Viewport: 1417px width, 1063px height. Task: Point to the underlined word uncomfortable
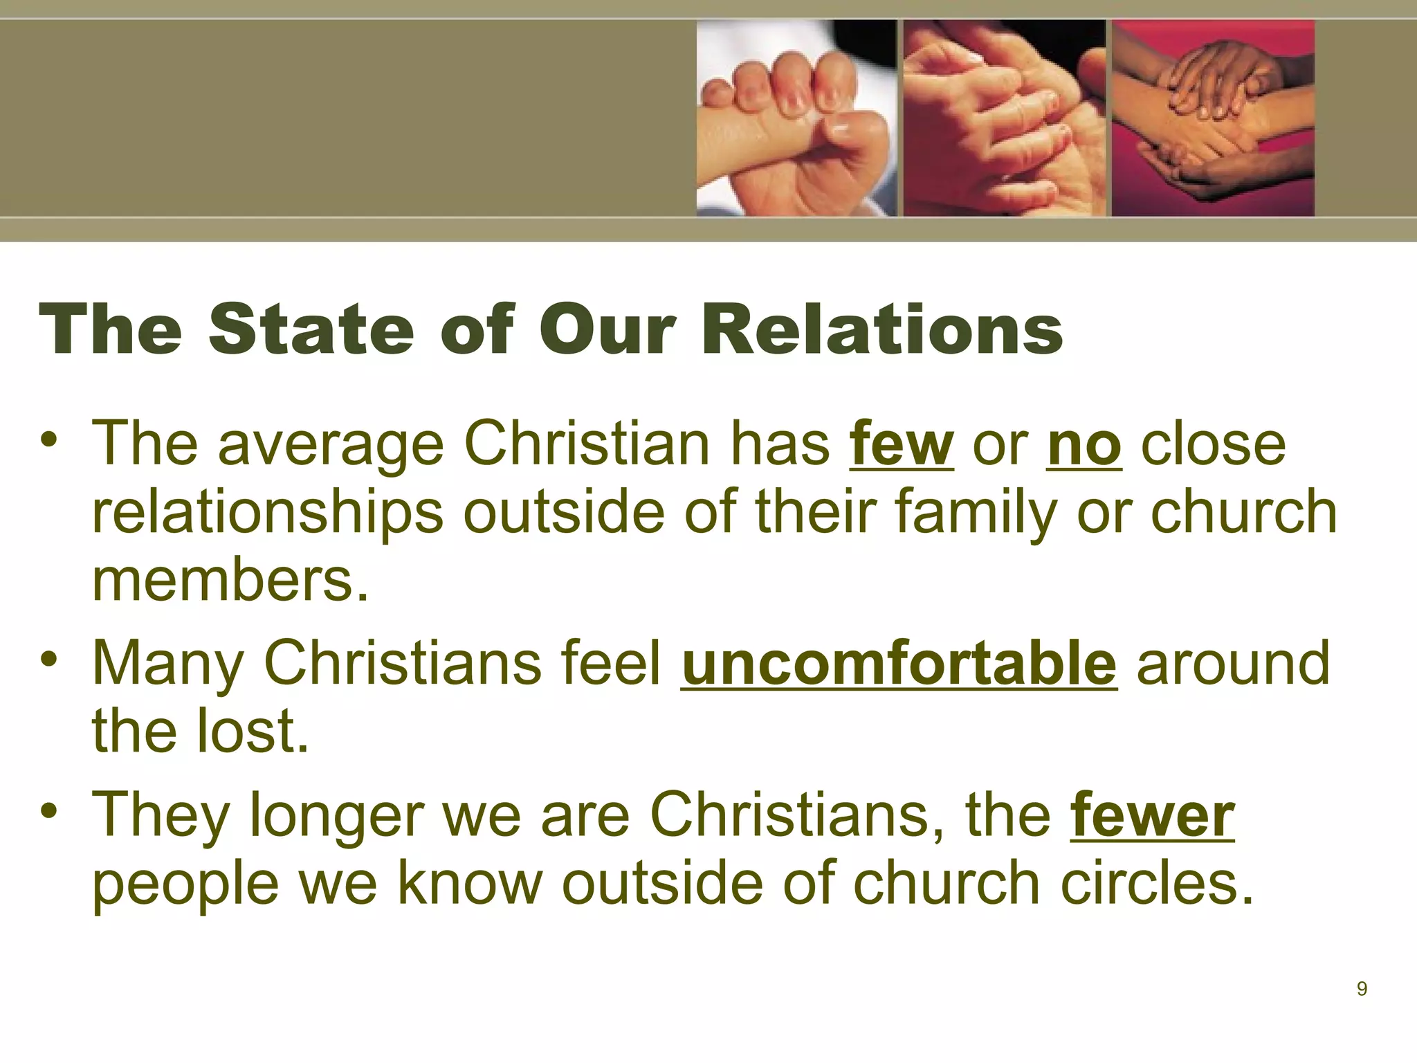899,663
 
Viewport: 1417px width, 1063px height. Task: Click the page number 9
1361,989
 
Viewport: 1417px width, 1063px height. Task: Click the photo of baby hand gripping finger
796,118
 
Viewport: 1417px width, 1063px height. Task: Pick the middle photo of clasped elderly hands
1004,118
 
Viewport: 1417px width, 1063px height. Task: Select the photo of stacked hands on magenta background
1212,118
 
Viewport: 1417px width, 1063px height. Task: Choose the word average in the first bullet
331,446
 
